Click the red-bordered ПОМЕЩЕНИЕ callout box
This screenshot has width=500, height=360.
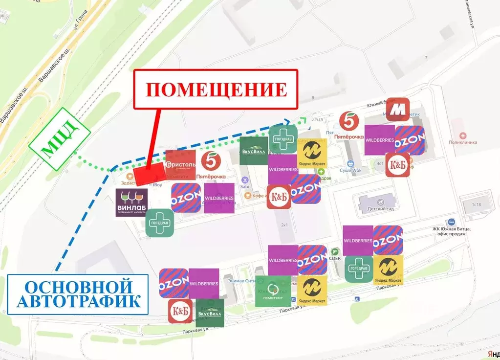pos(216,89)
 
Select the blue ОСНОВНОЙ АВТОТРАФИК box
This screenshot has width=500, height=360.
pos(78,293)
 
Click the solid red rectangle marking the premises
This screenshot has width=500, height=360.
pos(149,174)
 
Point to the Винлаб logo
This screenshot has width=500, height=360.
pos(131,202)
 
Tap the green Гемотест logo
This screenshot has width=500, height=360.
pos(273,291)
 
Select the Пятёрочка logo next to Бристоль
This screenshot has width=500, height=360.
pos(211,165)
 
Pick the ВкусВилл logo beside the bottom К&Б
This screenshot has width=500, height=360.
pos(210,313)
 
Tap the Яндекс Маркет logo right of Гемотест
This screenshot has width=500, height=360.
pos(312,290)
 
